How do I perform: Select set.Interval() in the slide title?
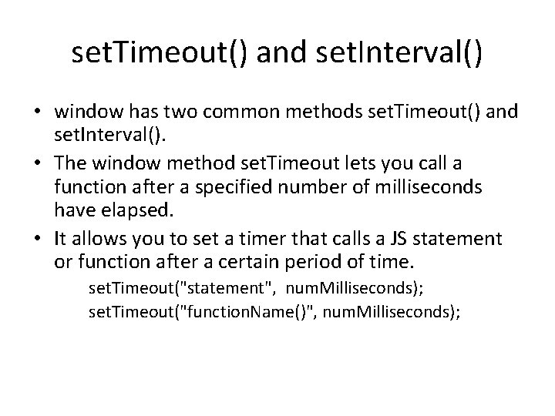click(x=401, y=54)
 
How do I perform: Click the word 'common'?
click(x=236, y=114)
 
